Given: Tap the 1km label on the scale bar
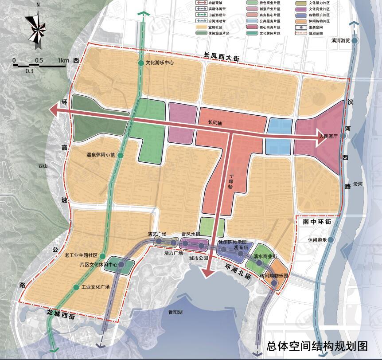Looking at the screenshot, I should (63, 60).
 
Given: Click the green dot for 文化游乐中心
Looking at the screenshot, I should (141, 63).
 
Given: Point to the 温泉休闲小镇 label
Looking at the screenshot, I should (101, 156).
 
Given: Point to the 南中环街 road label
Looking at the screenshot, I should (315, 221).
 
